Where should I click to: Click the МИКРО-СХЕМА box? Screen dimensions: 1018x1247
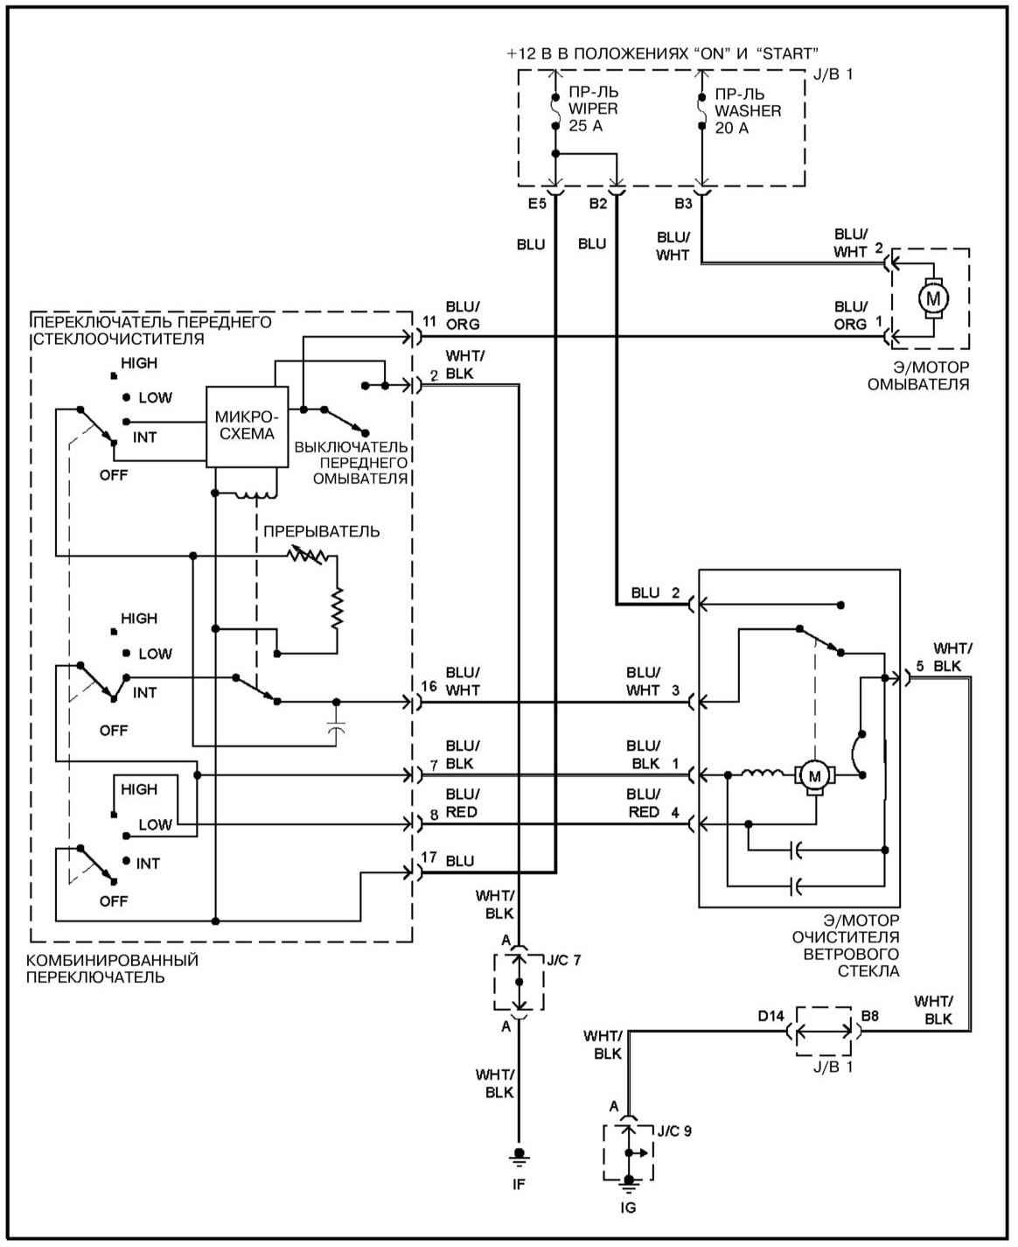247,426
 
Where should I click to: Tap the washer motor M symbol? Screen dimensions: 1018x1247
933,298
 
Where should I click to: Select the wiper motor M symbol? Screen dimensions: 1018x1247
815,775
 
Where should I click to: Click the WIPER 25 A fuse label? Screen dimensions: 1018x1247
593,109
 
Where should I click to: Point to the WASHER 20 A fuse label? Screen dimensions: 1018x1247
748,110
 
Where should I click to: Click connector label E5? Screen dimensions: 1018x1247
537,204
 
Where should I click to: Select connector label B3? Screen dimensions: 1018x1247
683,204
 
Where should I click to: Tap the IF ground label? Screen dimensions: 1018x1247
519,1183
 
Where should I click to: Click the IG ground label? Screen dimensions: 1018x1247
628,1208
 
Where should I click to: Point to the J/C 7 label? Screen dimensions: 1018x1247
563,960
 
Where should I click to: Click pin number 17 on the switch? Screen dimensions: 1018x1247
429,857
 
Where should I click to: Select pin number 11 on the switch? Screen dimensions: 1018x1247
429,321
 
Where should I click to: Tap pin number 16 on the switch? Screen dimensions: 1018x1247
429,686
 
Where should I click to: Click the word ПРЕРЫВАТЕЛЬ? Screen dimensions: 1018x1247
322,531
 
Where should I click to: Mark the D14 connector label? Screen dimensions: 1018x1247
770,1015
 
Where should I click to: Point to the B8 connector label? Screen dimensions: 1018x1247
869,1015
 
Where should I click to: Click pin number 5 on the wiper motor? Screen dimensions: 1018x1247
920,666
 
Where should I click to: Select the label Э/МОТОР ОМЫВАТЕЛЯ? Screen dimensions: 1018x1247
918,375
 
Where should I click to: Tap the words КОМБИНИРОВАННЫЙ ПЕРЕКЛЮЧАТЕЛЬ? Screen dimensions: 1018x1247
112,968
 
